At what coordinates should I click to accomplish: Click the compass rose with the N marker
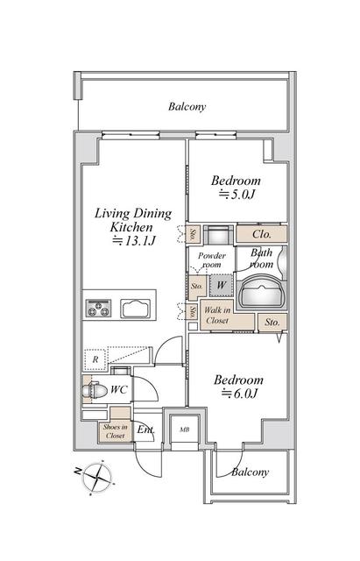pyautogui.click(x=96, y=478)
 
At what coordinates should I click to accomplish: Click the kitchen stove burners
pyautogui.click(x=98, y=309)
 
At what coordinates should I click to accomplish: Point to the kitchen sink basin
pyautogui.click(x=135, y=309)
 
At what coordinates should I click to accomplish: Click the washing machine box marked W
pyautogui.click(x=222, y=285)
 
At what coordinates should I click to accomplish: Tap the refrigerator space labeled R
pyautogui.click(x=95, y=359)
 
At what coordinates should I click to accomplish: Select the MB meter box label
pyautogui.click(x=185, y=430)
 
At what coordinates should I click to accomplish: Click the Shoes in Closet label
pyautogui.click(x=115, y=431)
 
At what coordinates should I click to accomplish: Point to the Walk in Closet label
pyautogui.click(x=217, y=316)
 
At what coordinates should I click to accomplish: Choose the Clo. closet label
pyautogui.click(x=262, y=234)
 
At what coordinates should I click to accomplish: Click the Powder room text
pyautogui.click(x=212, y=260)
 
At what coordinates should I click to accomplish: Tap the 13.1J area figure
pyautogui.click(x=134, y=241)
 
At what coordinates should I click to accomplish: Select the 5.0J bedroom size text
pyautogui.click(x=236, y=195)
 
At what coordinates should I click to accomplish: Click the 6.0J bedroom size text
pyautogui.click(x=239, y=394)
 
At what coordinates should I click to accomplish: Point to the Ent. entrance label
pyautogui.click(x=146, y=430)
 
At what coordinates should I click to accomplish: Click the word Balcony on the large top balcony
pyautogui.click(x=187, y=107)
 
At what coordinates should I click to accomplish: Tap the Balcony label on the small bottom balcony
pyautogui.click(x=250, y=472)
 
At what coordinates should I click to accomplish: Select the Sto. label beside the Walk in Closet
pyautogui.click(x=272, y=322)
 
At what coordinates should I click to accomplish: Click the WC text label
pyautogui.click(x=119, y=389)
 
